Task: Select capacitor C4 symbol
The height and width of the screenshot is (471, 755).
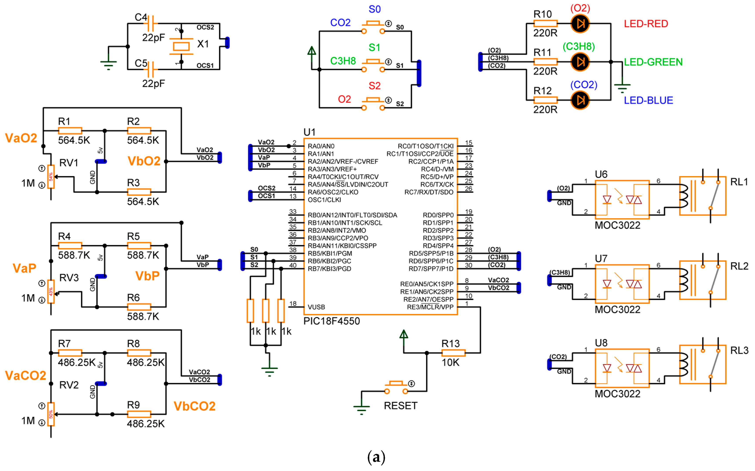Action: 153,23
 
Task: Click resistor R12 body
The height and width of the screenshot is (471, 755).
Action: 545,100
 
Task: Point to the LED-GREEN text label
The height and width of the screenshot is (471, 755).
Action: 653,62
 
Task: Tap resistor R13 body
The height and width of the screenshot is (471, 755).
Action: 453,353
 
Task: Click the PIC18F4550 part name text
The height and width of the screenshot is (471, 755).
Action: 331,321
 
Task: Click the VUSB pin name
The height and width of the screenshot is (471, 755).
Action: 316,307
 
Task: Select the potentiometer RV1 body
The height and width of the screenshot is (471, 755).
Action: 51,177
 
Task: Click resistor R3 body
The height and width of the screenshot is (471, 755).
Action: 139,192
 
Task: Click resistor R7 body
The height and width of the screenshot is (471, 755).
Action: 70,353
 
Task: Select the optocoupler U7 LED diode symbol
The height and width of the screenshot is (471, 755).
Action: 607,284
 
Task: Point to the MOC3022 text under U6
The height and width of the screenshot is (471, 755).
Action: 617,225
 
